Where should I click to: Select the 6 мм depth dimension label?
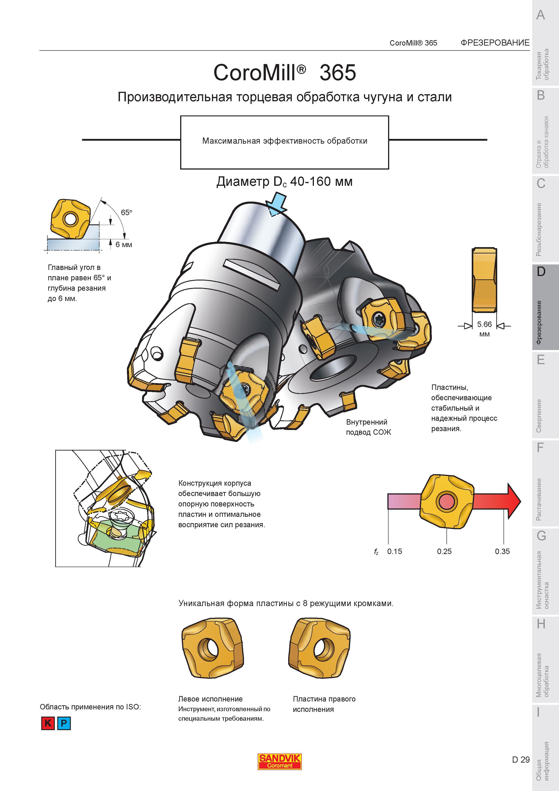tap(124, 245)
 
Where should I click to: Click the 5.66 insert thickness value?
tap(484, 324)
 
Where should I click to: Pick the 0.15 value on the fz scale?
tap(394, 551)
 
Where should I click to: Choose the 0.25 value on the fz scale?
tap(444, 551)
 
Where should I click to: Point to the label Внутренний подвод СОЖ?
tap(368, 427)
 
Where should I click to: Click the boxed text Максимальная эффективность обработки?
tap(285, 141)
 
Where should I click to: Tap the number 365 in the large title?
tap(338, 73)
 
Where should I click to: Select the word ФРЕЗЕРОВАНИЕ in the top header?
tap(495, 43)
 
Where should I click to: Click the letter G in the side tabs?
tap(541, 536)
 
